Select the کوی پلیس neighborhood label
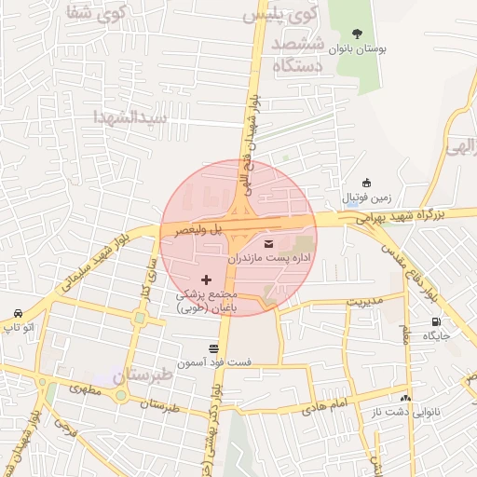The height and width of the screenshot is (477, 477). click(280, 14)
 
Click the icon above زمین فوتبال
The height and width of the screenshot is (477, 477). click(366, 183)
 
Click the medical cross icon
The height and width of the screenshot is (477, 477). click(206, 279)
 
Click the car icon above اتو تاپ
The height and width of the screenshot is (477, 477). click(18, 313)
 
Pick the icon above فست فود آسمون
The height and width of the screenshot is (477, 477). click(213, 347)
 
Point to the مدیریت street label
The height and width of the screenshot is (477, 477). click(364, 301)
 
